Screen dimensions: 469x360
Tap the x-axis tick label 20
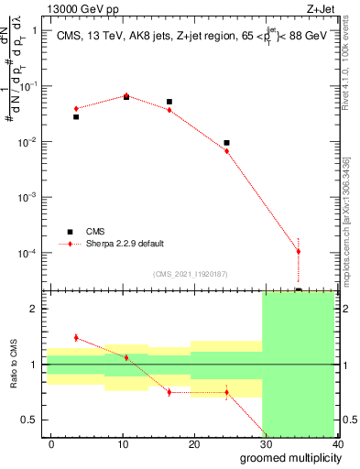[194, 443]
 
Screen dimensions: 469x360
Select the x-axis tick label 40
[337, 443]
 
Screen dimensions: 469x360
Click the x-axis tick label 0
[51, 443]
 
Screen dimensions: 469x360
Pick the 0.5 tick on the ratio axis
[32, 420]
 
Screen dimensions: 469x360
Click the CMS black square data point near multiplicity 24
[226, 143]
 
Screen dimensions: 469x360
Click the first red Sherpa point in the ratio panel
[76, 338]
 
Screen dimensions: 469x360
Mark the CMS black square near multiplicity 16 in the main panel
[169, 102]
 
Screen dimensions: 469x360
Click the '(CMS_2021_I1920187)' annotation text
[191, 273]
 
